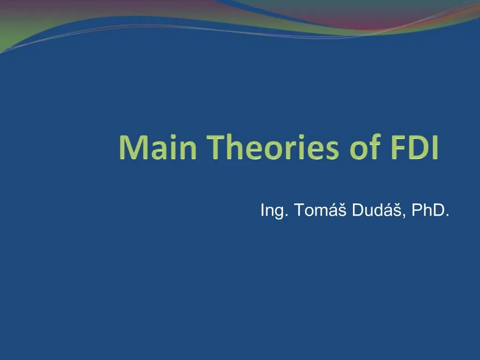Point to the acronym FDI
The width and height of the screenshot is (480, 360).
pyautogui.click(x=412, y=148)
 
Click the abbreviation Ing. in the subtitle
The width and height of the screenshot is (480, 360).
pyautogui.click(x=275, y=211)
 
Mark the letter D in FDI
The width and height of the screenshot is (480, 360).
pyautogui.click(x=414, y=148)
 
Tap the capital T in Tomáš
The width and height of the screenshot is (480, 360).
pyautogui.click(x=299, y=210)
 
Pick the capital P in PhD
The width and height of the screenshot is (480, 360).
pyautogui.click(x=416, y=210)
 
